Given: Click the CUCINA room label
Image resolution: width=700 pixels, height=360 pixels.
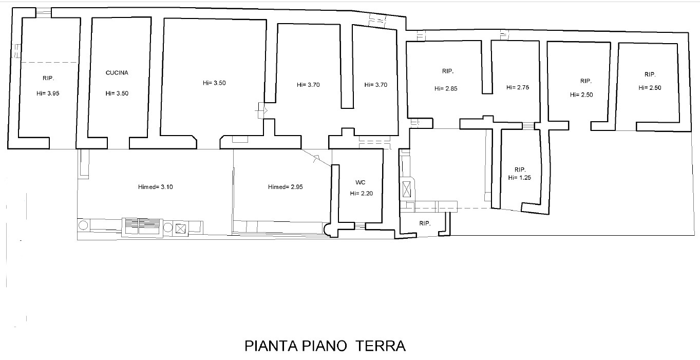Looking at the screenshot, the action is pos(117,73).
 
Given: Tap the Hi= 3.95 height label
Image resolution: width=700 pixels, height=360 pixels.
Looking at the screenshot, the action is pos(48,93).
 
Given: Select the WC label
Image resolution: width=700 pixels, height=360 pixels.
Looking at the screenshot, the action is pos(361,182).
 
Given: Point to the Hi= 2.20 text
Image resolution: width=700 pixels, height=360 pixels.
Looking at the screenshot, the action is pos(361,194).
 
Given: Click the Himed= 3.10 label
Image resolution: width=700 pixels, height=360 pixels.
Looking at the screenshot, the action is pos(155,187).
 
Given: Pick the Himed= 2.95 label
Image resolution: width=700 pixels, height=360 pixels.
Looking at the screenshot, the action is pos(286,187).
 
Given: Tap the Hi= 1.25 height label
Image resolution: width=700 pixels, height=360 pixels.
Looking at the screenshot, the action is pos(519,178).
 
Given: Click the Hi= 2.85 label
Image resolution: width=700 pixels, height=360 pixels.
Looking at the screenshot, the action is pos(446,88).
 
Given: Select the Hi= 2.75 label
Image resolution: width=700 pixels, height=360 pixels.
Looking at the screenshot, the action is pos(518,87).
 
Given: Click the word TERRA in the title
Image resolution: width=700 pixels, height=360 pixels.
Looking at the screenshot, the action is pos(381,346).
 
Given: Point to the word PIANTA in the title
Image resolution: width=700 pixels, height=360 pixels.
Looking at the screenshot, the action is pos(271,346).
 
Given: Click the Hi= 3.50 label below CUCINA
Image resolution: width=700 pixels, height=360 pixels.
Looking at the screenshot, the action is pos(117,93).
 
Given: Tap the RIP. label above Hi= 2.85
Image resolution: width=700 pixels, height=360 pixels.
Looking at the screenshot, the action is pos(448,71).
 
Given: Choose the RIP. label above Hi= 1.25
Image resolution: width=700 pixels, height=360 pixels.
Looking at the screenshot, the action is pos(520,169).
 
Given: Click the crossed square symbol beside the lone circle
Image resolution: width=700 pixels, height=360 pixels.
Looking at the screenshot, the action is pos(180,229).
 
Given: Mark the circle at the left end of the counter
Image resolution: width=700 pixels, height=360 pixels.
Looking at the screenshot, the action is pos(83,225).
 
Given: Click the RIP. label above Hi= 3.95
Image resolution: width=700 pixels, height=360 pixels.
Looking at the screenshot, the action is pos(48,78).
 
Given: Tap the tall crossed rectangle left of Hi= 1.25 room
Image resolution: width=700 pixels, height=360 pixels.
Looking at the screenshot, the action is pos(406,189).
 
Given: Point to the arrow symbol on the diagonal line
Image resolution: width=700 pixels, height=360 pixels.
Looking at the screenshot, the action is pos(316,158).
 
